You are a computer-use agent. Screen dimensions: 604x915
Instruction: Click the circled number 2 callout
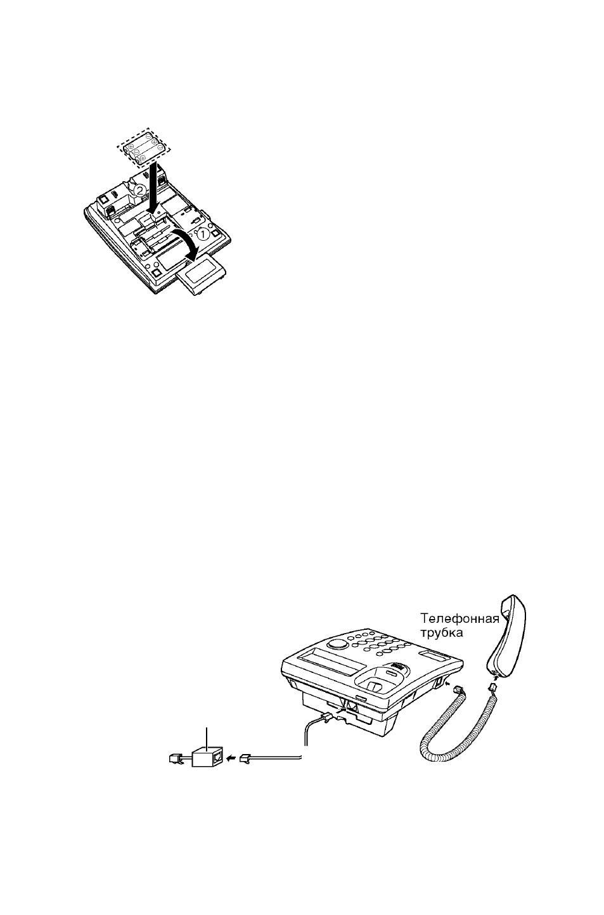(x=140, y=190)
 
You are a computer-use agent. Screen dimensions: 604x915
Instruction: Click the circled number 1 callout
(x=202, y=234)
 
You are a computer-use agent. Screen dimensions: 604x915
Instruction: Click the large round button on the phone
(x=337, y=644)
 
